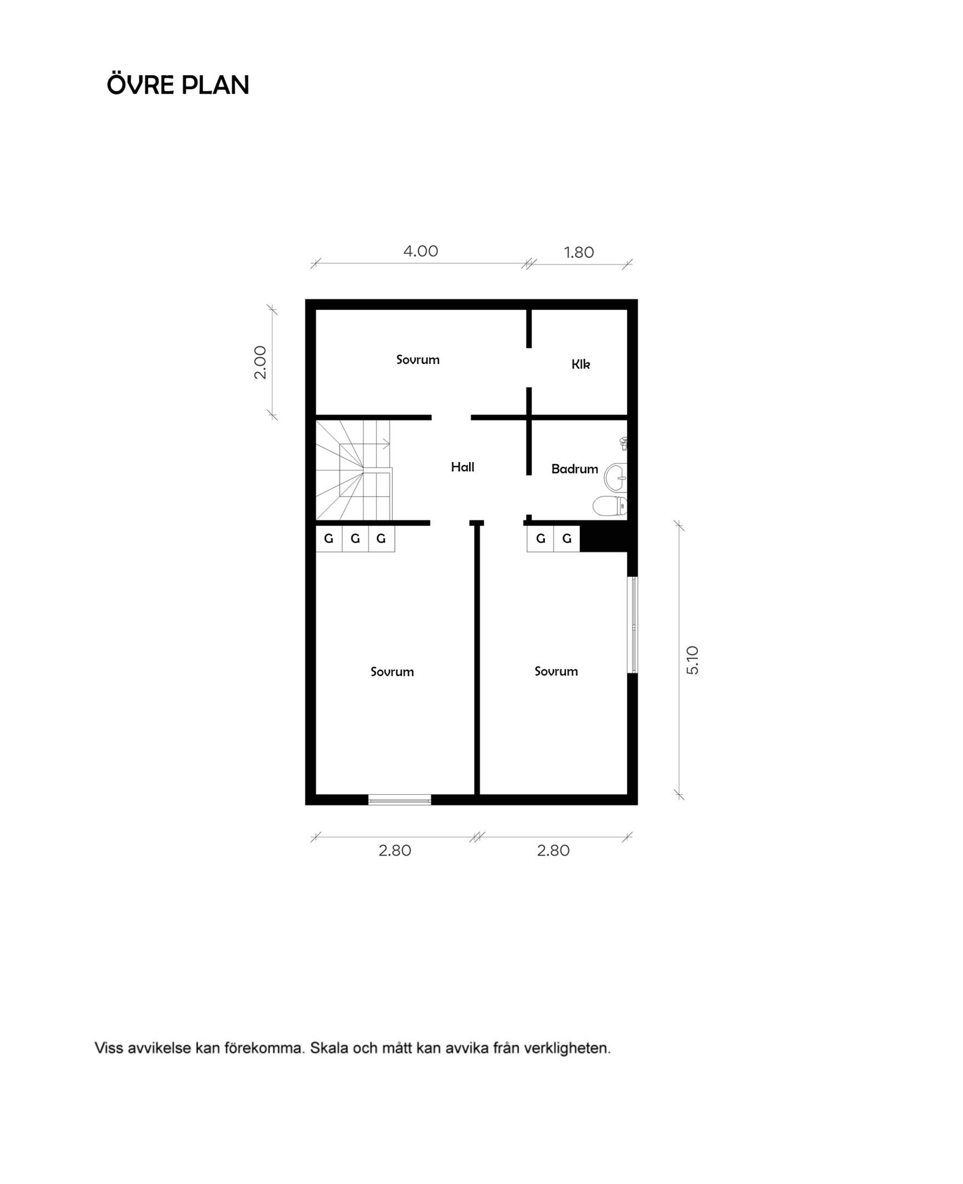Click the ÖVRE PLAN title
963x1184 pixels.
click(178, 85)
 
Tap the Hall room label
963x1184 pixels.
click(462, 467)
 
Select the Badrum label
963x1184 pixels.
click(575, 469)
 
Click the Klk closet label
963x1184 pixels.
click(581, 364)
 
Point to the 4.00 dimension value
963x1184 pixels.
click(420, 252)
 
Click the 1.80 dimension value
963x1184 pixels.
click(579, 253)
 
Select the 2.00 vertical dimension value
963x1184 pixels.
click(260, 362)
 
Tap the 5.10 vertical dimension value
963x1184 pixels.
click(693, 660)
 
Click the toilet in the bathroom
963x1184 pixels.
click(610, 506)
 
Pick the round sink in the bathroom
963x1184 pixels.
click(616, 477)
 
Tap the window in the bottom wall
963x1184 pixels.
click(400, 800)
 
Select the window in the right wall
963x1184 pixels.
click(632, 625)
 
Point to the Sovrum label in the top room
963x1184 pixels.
click(418, 360)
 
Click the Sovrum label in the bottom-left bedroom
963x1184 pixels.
click(392, 672)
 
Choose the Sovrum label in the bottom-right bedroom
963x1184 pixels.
click(556, 671)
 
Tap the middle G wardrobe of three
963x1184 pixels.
click(355, 538)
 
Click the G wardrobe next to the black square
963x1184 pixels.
click(566, 538)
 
